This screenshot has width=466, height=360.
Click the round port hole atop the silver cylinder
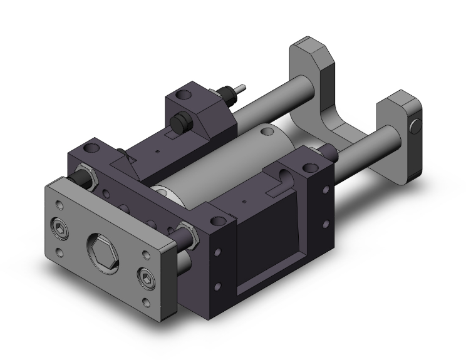[268, 131]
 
